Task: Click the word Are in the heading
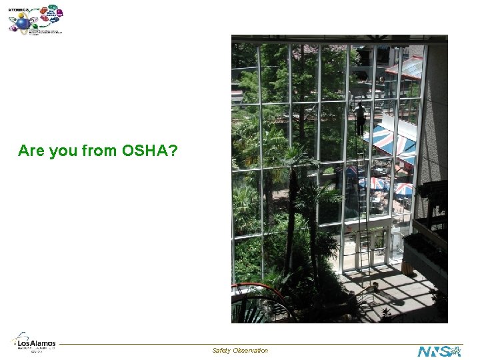pyautogui.click(x=31, y=151)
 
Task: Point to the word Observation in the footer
pyautogui.click(x=251, y=350)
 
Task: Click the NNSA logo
pyautogui.click(x=439, y=351)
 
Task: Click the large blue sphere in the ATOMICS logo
pyautogui.click(x=23, y=24)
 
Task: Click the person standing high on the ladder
pyautogui.click(x=360, y=119)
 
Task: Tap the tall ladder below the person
pyautogui.click(x=362, y=200)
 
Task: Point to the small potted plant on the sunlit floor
pyautogui.click(x=385, y=311)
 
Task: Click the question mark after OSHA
pyautogui.click(x=173, y=151)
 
